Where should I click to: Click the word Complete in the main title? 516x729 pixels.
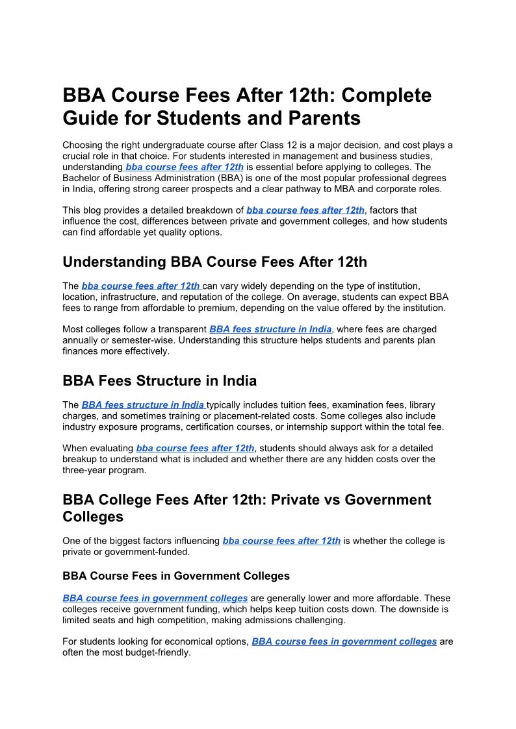386,95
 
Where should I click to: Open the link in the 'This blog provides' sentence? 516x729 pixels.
305,210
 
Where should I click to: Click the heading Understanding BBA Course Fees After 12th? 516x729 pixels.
214,262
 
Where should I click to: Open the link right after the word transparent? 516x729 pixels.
270,329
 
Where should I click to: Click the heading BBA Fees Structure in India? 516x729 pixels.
159,380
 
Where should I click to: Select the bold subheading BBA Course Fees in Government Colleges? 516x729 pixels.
176,576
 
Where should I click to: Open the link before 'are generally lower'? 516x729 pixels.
155,598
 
